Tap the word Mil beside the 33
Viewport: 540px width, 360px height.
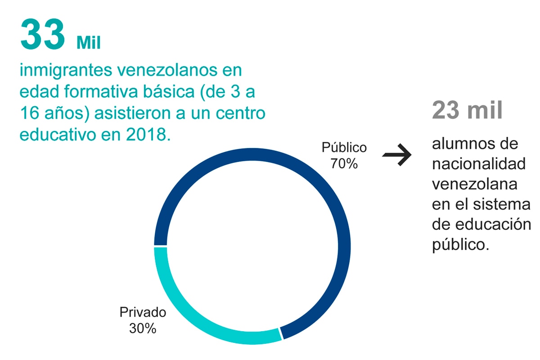click(89, 43)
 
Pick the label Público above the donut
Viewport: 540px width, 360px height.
click(344, 148)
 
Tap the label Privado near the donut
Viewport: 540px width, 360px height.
click(143, 312)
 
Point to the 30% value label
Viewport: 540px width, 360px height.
click(143, 328)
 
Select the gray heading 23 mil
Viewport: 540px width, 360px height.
click(467, 111)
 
